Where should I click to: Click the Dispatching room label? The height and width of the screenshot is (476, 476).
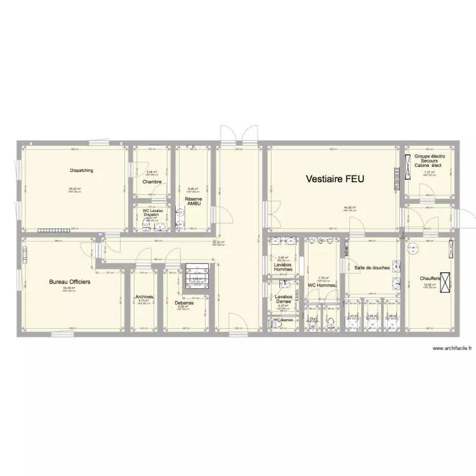pos(82,170)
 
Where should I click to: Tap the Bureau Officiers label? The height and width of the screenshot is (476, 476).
pos(70,281)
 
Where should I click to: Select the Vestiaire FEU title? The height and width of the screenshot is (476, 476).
pos(331,179)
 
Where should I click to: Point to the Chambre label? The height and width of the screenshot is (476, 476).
pos(152,182)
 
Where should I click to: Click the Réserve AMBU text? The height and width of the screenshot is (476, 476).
pos(194,201)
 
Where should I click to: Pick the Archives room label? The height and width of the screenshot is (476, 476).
pos(145,296)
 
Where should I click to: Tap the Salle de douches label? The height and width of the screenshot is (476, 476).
pos(372,268)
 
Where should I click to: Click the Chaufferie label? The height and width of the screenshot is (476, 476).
pos(432,278)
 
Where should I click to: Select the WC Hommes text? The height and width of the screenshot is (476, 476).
pos(322,285)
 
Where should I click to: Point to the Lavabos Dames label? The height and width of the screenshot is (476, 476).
pos(283,298)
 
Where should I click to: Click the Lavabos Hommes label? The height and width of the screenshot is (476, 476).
pos(283,267)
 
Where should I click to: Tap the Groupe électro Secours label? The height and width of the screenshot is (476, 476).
pos(430,161)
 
